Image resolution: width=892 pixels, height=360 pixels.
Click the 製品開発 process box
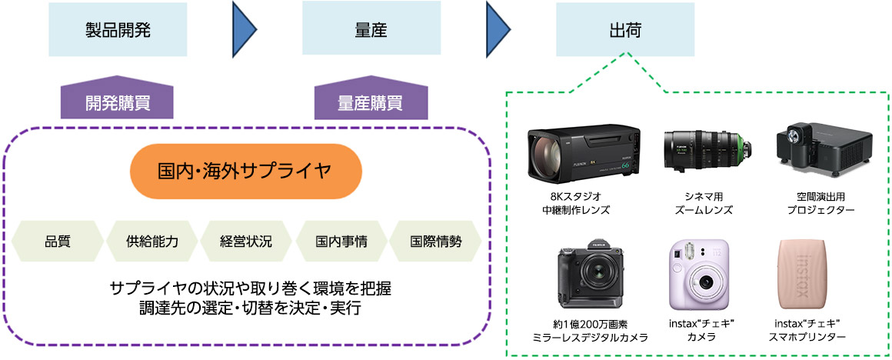(x=117, y=30)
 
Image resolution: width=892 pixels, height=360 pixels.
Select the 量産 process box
(x=371, y=30)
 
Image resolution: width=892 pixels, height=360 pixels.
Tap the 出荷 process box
(x=624, y=30)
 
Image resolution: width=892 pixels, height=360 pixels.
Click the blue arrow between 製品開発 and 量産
(x=244, y=30)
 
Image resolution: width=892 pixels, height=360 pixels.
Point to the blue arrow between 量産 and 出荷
(x=498, y=30)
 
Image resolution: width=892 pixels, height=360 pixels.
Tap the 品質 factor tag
(x=58, y=241)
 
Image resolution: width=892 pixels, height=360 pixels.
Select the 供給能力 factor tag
(x=152, y=241)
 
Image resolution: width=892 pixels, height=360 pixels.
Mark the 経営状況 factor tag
(x=247, y=241)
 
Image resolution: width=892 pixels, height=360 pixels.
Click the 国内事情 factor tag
(x=341, y=241)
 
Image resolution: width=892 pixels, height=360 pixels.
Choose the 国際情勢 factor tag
(x=436, y=241)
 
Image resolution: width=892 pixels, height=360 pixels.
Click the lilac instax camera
(x=699, y=272)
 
